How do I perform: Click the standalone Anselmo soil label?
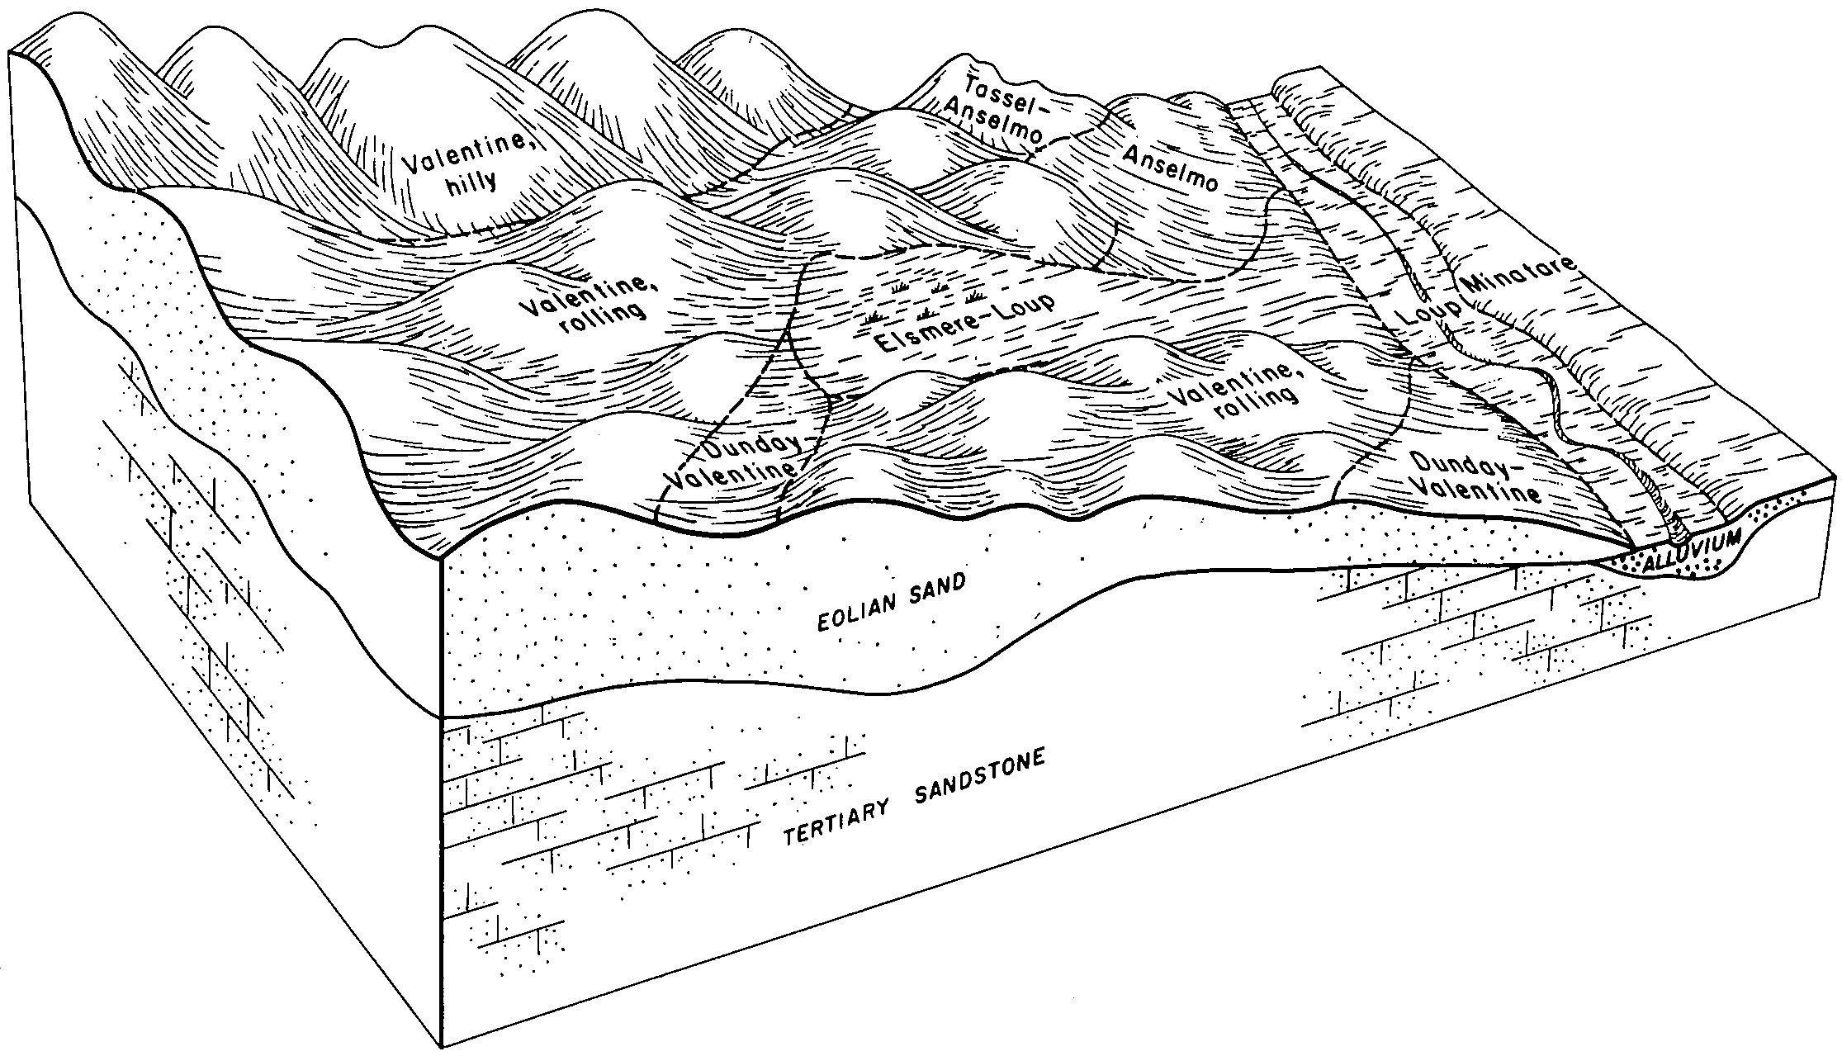(1171, 169)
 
